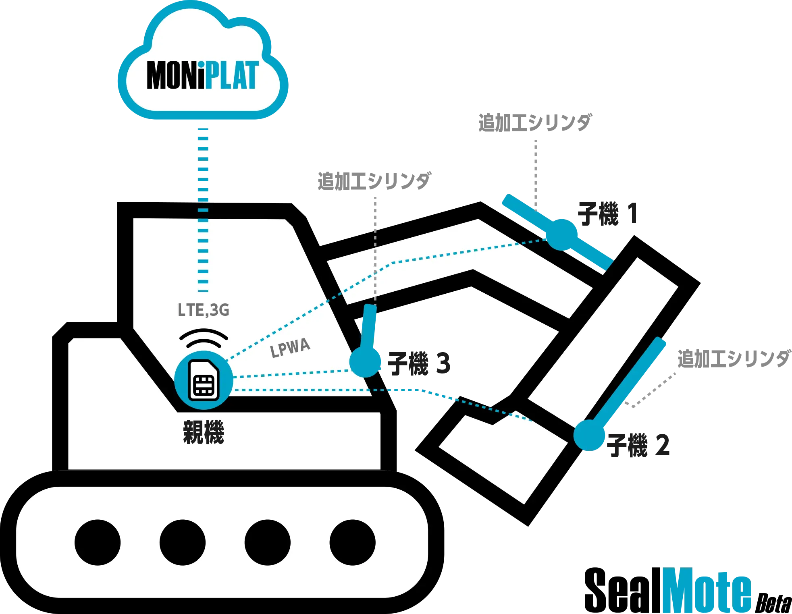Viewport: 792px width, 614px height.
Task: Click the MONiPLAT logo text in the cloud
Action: pyautogui.click(x=202, y=75)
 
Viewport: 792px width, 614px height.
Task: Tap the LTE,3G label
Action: pyautogui.click(x=204, y=310)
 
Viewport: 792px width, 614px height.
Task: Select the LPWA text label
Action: pyautogui.click(x=290, y=348)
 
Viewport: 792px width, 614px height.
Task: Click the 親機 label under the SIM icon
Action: pyautogui.click(x=204, y=432)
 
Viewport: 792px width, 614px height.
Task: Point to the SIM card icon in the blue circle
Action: pyautogui.click(x=204, y=381)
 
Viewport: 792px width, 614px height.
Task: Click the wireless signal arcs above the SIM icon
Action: pyautogui.click(x=204, y=338)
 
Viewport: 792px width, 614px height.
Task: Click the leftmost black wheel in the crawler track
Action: pyautogui.click(x=98, y=542)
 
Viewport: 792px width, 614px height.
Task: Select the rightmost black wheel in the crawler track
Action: pyautogui.click(x=352, y=542)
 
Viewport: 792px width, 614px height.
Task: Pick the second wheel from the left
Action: pyautogui.click(x=182, y=542)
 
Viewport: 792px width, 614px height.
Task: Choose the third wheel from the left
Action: pyautogui.click(x=267, y=542)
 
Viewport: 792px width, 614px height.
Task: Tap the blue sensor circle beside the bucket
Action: pyautogui.click(x=589, y=435)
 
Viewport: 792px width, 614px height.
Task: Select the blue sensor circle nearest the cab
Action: pyautogui.click(x=365, y=361)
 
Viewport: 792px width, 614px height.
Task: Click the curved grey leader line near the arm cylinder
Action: pyautogui.click(x=653, y=391)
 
